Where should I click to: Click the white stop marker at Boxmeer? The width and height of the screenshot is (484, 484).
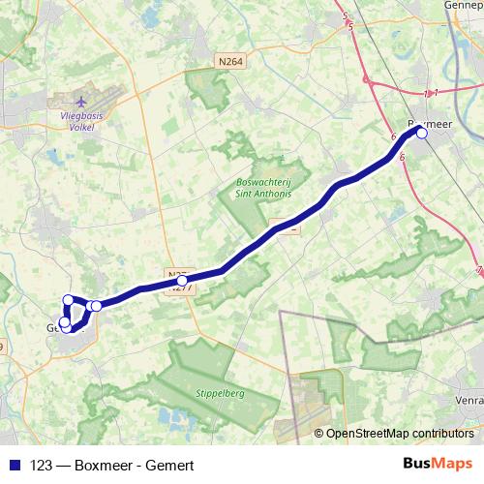point(422,135)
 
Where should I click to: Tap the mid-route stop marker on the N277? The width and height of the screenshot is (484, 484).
point(182,281)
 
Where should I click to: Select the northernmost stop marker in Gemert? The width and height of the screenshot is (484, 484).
point(68,300)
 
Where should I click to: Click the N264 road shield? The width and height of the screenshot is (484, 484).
point(230,60)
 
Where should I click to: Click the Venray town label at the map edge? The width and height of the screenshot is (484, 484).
point(469,399)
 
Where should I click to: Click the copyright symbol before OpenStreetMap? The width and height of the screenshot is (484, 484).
point(318,433)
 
